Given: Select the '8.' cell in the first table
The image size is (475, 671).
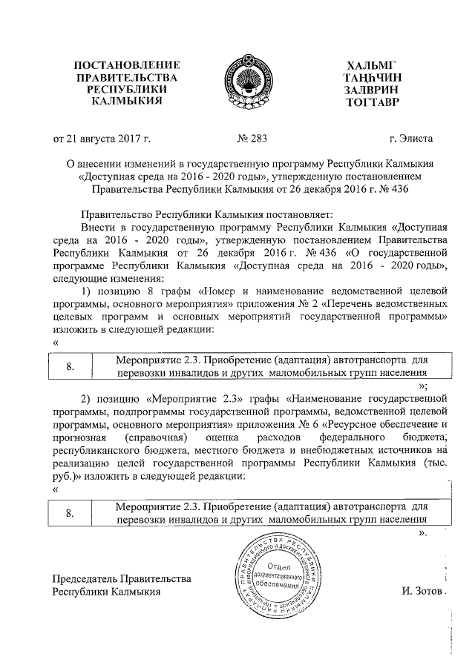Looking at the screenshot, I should click(71, 366).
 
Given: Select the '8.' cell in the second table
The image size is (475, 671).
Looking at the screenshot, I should click(71, 513).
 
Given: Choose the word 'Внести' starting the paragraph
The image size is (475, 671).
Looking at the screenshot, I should click(97, 227).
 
